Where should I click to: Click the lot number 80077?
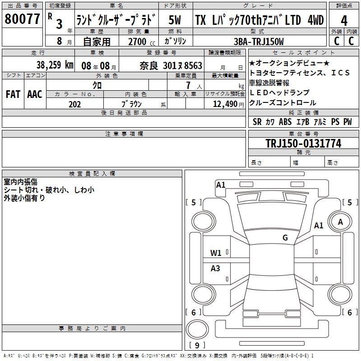tap(22, 19)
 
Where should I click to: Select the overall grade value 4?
tap(344, 20)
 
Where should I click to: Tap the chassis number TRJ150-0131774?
tap(303, 143)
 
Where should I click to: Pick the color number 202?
tap(74, 104)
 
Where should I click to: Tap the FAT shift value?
tap(13, 94)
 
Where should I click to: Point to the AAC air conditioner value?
tap(34, 94)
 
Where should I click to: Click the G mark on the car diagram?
tap(285, 238)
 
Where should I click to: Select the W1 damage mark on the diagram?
tap(216, 253)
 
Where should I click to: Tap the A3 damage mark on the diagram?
tap(216, 268)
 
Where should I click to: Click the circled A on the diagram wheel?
tap(340, 222)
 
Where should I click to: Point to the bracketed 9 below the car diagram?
tap(197, 346)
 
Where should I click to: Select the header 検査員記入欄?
tap(92, 173)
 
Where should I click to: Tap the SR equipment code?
tap(257, 122)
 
